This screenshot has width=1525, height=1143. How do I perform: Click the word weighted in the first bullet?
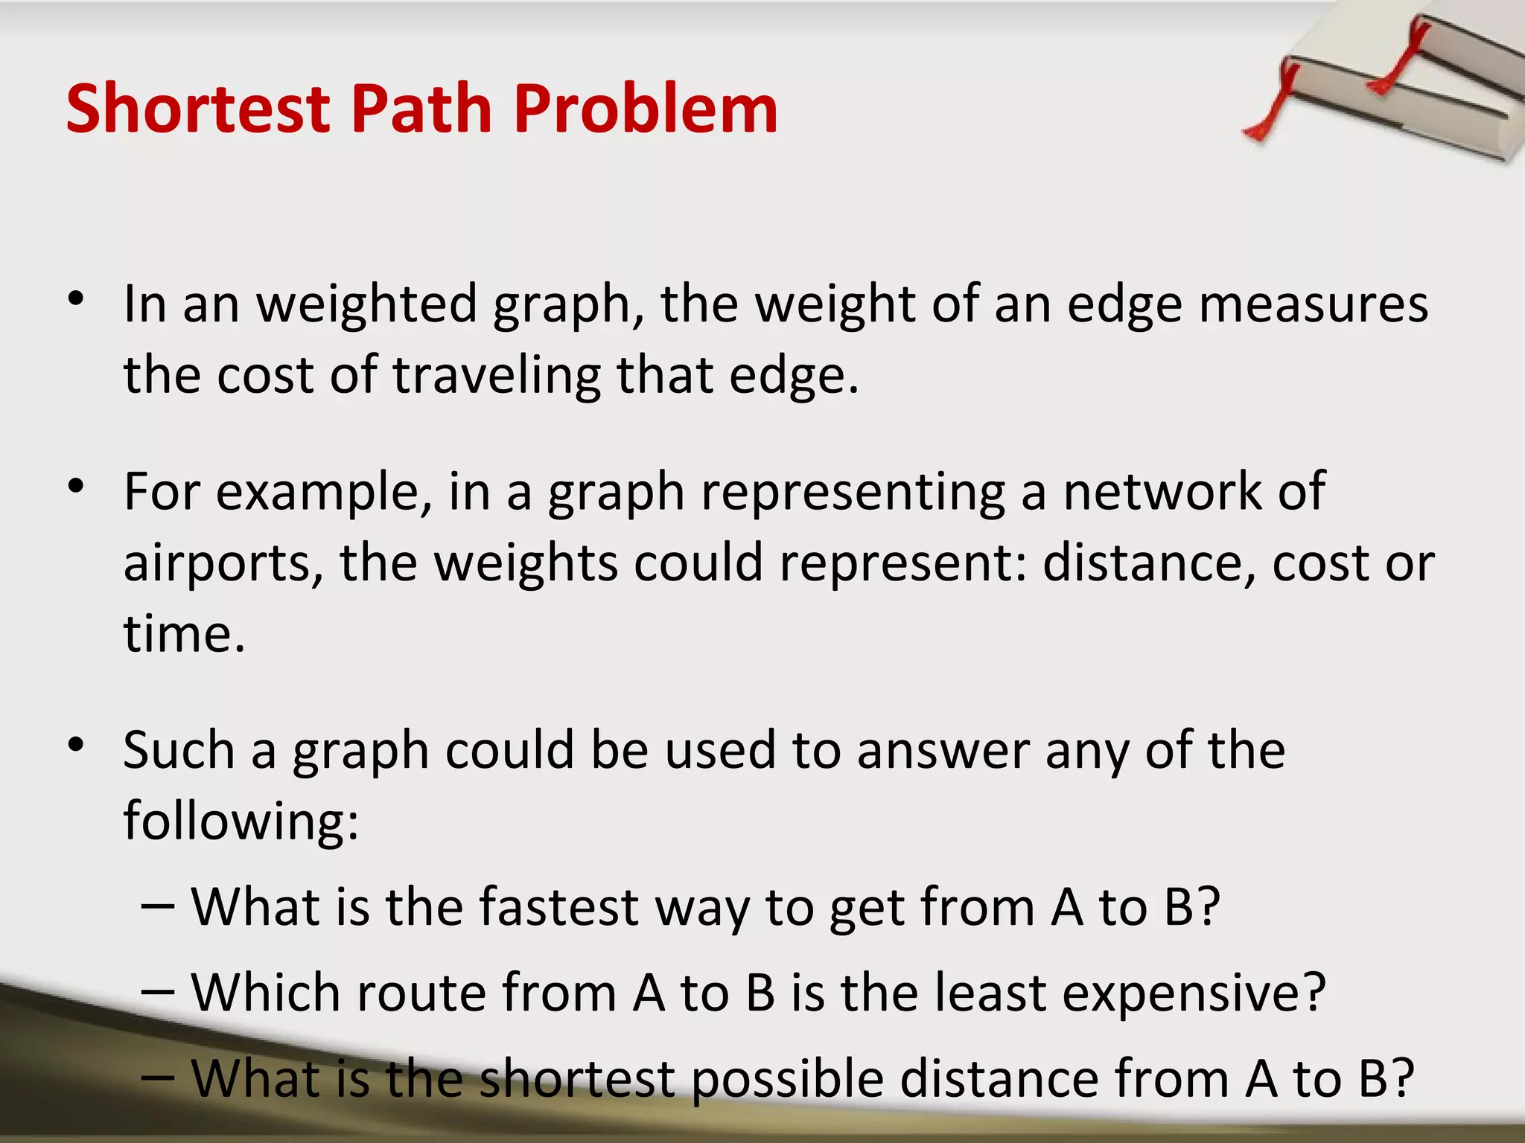click(366, 305)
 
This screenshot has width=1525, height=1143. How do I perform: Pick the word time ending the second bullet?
click(183, 634)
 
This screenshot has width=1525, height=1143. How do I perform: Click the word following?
click(240, 820)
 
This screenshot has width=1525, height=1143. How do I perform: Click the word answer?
click(943, 750)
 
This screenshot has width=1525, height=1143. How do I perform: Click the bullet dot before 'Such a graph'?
click(75, 745)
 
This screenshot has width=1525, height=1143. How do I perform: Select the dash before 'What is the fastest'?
click(157, 908)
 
